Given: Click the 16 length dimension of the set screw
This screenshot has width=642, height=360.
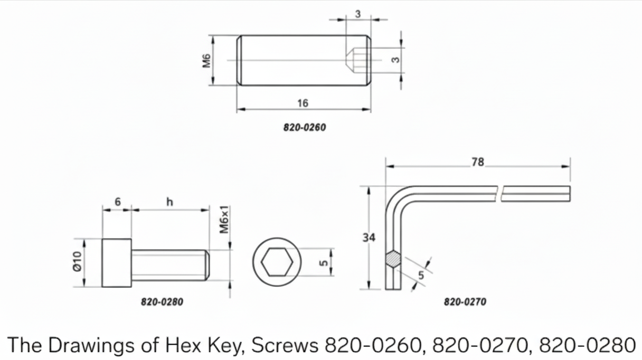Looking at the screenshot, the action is (x=303, y=103).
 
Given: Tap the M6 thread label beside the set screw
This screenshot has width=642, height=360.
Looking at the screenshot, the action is (x=206, y=61).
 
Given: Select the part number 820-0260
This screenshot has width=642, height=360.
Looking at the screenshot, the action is (x=305, y=128).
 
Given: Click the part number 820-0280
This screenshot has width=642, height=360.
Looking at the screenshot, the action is (x=162, y=302).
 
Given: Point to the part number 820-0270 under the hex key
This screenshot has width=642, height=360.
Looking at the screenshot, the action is (x=465, y=302).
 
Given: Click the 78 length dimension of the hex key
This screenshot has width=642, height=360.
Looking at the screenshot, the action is (x=478, y=162).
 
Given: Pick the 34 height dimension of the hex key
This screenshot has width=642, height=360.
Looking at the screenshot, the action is (x=369, y=238).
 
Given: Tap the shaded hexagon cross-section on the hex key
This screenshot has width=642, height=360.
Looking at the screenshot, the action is (x=393, y=259).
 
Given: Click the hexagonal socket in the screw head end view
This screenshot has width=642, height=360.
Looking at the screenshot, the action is (x=277, y=262).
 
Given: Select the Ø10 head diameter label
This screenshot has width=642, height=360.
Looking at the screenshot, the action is (x=78, y=261).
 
